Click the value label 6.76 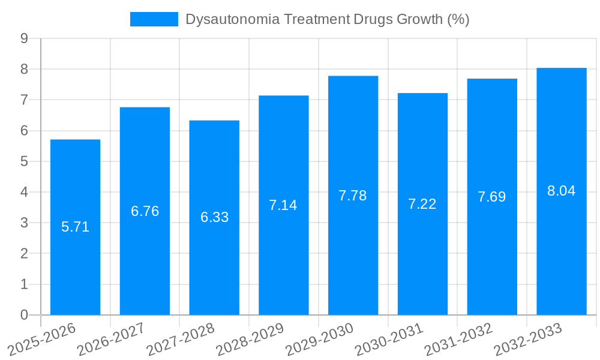point(145,211)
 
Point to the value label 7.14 point(283,205)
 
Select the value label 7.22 point(422,204)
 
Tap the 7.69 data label point(492,197)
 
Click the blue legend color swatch point(154,19)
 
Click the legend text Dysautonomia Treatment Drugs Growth point(327,19)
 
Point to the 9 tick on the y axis point(24,38)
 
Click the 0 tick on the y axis point(24,315)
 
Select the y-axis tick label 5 point(24,161)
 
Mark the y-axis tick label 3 point(24,223)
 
